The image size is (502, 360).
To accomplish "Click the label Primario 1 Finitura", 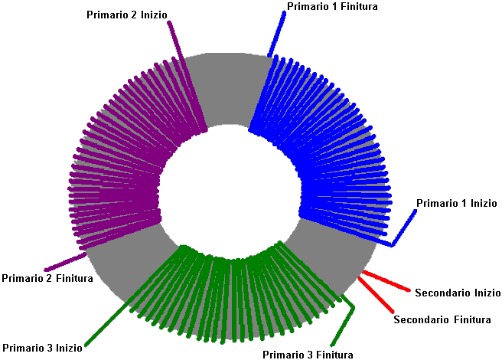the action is [x=332, y=6].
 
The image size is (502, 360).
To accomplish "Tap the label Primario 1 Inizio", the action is [x=457, y=203].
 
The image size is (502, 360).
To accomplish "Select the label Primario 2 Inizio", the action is [x=127, y=15].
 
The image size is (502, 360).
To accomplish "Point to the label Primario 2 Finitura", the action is [x=47, y=278].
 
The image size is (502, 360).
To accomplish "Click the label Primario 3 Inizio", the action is [x=42, y=348].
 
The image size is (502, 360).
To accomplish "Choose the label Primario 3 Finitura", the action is [x=308, y=355].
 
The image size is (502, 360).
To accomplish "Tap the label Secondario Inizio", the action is [x=458, y=293].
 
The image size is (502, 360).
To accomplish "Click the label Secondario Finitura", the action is [x=442, y=319].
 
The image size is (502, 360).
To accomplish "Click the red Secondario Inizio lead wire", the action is [x=386, y=281].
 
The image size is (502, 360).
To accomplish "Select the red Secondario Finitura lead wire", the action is [x=376, y=295].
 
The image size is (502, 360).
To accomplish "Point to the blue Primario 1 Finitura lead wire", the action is [x=276, y=34].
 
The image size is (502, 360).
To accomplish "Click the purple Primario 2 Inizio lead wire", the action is [x=187, y=77].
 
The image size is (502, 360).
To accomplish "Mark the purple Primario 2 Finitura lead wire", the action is [x=65, y=262].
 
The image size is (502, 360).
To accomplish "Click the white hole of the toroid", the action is [x=230, y=191].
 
